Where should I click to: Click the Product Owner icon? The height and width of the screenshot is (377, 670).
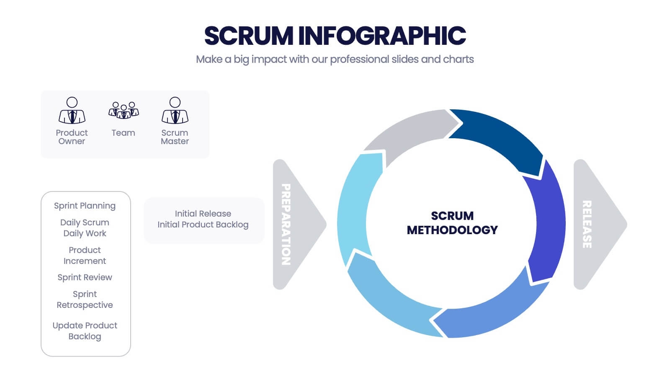[72, 111]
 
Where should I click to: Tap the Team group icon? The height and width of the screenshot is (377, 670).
[124, 110]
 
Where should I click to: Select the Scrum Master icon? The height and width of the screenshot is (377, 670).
[175, 111]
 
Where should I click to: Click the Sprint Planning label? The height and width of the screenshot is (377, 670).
[85, 206]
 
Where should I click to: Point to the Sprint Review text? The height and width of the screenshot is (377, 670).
[85, 277]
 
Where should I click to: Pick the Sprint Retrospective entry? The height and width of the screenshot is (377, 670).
[85, 300]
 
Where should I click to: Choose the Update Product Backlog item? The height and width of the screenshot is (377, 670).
[85, 331]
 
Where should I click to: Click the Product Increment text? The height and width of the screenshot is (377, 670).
[85, 256]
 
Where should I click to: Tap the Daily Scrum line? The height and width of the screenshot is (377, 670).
[85, 222]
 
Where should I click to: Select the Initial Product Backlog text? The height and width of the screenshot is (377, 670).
[203, 225]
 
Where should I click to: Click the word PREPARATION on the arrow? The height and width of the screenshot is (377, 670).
[286, 225]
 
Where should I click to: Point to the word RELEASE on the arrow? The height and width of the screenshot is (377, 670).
[587, 225]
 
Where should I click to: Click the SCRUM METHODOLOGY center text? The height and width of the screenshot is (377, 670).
[452, 223]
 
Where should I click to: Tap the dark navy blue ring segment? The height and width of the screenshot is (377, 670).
[498, 138]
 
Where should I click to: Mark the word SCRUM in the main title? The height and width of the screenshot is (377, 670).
[249, 36]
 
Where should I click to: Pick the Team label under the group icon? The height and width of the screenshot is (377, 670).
[123, 133]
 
